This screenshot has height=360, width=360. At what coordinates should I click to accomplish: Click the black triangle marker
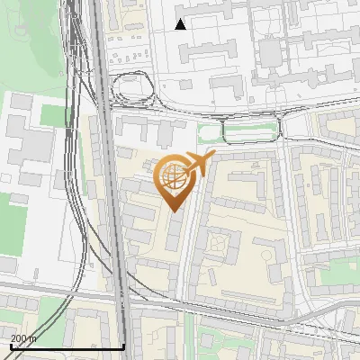click(x=181, y=24)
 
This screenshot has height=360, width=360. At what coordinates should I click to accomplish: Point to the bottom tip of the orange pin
click(x=174, y=211)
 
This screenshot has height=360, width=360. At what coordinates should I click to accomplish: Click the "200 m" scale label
click(x=23, y=338)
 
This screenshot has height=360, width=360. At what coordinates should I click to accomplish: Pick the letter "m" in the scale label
click(x=32, y=338)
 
